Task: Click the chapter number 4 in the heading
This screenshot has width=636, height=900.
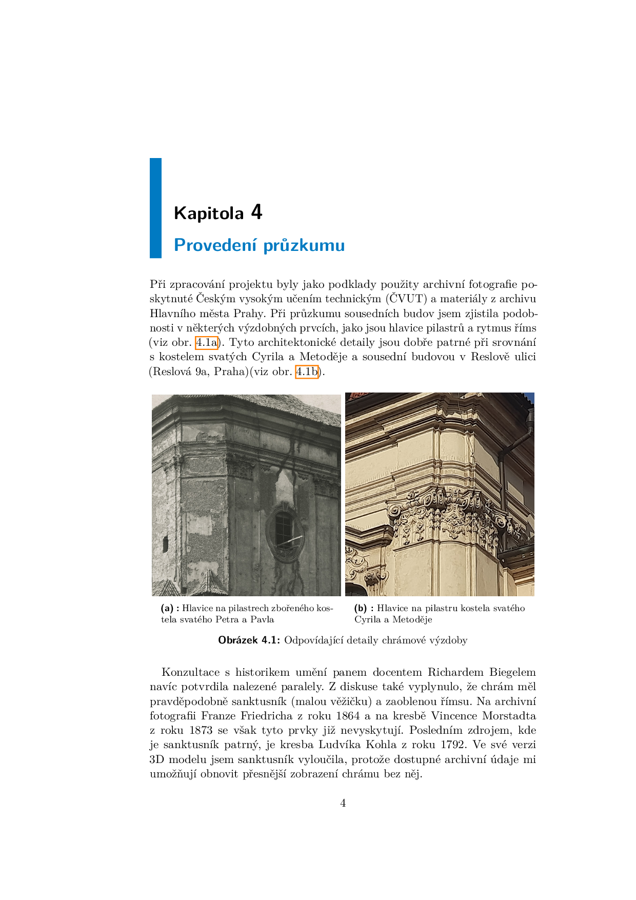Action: click(x=256, y=212)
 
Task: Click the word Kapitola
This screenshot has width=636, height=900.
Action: click(x=209, y=213)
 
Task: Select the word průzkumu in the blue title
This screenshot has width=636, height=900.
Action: click(x=304, y=246)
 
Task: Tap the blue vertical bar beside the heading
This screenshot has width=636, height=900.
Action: click(x=155, y=208)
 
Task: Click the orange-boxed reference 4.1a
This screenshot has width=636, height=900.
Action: click(x=207, y=342)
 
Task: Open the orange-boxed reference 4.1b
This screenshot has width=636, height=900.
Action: click(x=307, y=371)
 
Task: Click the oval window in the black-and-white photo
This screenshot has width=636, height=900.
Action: click(x=283, y=532)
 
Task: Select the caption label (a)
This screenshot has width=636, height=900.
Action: click(x=168, y=609)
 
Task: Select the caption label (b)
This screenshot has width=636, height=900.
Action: click(x=361, y=609)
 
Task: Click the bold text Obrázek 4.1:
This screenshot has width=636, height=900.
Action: click(x=249, y=640)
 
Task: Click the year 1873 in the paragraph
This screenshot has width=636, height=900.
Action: click(x=201, y=730)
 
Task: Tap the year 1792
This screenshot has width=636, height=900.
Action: click(x=453, y=745)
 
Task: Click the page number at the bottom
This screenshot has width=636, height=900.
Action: click(x=343, y=803)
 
